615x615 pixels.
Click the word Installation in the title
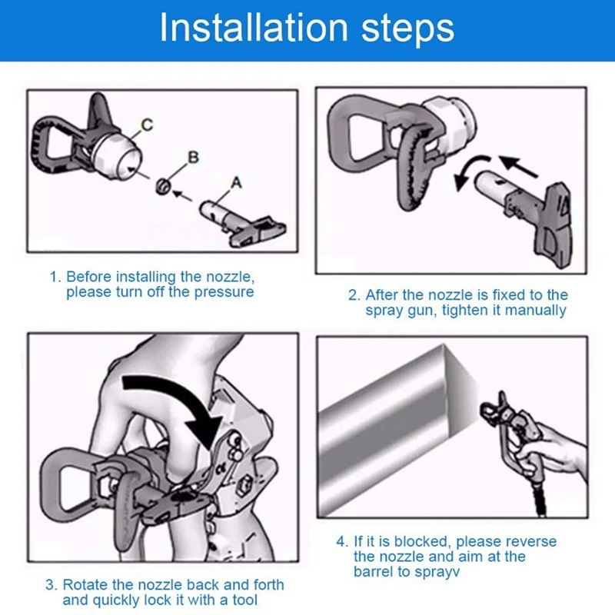pos(254,28)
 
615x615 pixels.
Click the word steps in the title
pos(407,31)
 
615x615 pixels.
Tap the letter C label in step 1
pos(147,125)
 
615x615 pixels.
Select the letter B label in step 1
pos(194,158)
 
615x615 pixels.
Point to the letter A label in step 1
pos(236,183)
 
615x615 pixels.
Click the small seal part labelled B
pos(163,186)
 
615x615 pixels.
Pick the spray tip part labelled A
pos(242,223)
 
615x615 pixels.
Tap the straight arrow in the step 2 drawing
pos(518,166)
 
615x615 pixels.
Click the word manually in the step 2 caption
pos(535,311)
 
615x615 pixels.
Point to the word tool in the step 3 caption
pos(244,600)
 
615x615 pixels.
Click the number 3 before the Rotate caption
pos(51,585)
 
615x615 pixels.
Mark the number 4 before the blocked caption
pos(341,542)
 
